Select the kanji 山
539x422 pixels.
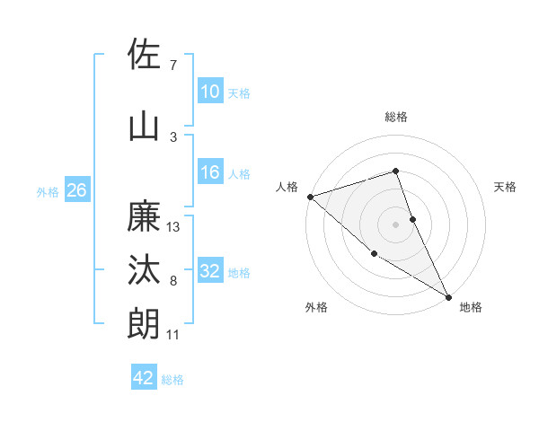click(x=145, y=126)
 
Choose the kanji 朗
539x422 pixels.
click(x=145, y=324)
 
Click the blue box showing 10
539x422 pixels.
click(x=210, y=92)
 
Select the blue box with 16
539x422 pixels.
click(x=210, y=172)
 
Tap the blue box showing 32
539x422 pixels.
click(x=210, y=271)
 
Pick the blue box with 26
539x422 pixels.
click(x=76, y=191)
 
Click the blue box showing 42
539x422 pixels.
click(x=144, y=378)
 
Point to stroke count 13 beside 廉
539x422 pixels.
click(x=174, y=227)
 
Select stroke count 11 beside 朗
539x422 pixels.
click(x=173, y=335)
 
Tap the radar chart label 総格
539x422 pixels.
click(x=396, y=117)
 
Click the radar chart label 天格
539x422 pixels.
click(x=506, y=187)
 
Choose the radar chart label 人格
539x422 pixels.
click(x=287, y=187)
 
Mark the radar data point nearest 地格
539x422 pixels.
click(x=448, y=296)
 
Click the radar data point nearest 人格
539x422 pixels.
click(x=309, y=197)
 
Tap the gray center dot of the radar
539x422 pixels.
click(x=396, y=224)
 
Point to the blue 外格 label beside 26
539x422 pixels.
click(x=48, y=192)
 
